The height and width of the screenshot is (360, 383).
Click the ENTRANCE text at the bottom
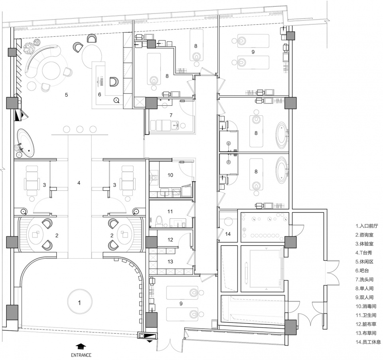(81, 355)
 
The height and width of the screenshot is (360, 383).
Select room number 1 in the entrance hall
(79, 303)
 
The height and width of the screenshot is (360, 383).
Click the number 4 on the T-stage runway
(79, 183)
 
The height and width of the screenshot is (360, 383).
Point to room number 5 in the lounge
(67, 95)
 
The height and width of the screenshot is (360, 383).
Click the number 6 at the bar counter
(100, 94)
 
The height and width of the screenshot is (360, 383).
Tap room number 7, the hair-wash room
(171, 115)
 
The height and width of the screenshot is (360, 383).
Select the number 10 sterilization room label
(170, 175)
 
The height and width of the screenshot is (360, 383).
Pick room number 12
(170, 240)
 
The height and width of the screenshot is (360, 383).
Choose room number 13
(170, 261)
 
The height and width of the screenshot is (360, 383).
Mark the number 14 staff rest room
(228, 234)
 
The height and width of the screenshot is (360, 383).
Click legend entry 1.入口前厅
(367, 226)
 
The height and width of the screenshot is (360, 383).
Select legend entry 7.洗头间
(365, 279)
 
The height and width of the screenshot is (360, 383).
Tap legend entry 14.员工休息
(368, 342)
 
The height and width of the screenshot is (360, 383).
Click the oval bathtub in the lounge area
(26, 143)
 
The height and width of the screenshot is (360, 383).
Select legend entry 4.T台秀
(364, 253)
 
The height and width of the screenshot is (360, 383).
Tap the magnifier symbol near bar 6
(117, 100)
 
